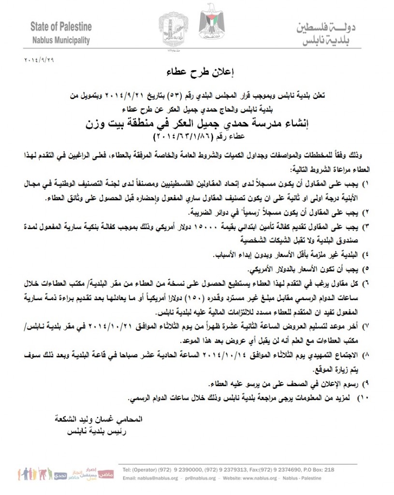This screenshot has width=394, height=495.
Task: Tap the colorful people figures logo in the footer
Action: point(34,472)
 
